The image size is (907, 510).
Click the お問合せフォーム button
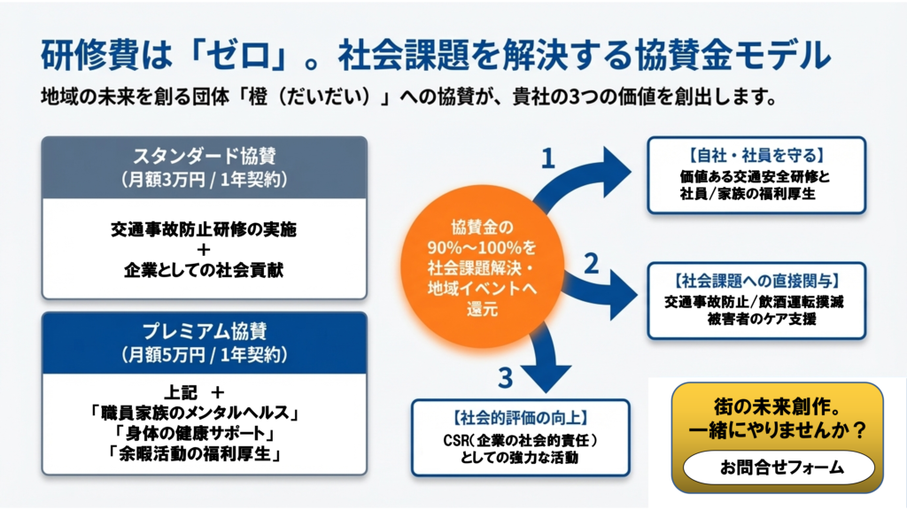coord(779,467)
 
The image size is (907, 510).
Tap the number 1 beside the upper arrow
coord(548,158)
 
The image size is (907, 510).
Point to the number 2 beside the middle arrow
coord(592,262)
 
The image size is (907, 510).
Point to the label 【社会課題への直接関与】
coord(756,280)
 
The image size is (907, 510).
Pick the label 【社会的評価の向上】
coord(520,417)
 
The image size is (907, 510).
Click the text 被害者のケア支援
coord(756,319)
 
